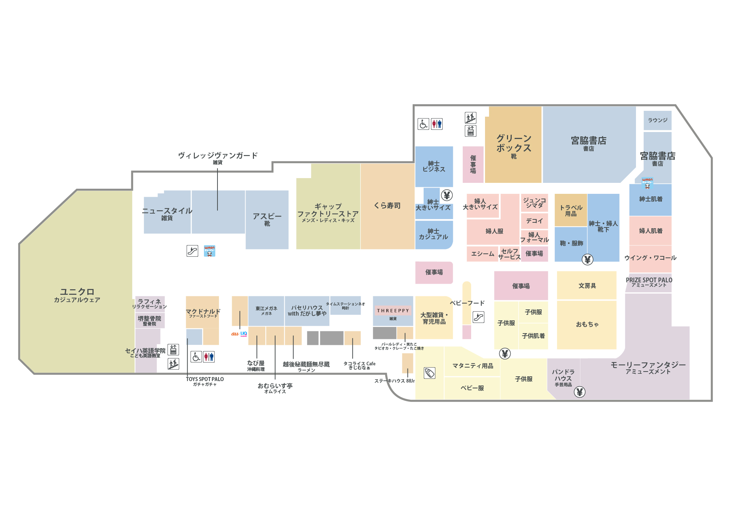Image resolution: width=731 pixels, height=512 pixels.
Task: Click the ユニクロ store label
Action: point(77,292)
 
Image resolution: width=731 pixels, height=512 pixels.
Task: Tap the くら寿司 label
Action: point(387,206)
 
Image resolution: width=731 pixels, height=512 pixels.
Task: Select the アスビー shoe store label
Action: point(267,217)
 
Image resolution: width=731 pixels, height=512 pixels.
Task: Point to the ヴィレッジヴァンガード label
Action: point(218,156)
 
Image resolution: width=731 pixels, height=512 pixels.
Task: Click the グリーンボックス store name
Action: point(514,143)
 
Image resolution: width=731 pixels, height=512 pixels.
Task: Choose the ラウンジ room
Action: point(658,120)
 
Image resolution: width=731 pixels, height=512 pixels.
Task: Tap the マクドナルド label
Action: point(203,312)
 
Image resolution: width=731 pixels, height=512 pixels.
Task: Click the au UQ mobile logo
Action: point(239,334)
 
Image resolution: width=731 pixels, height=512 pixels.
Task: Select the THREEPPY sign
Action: point(393,310)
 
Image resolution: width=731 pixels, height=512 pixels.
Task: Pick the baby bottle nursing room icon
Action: point(429,373)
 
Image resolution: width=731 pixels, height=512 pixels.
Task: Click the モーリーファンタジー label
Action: point(648,365)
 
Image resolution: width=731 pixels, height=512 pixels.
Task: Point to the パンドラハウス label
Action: point(563,376)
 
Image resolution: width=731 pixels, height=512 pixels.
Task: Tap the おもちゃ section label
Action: point(587,324)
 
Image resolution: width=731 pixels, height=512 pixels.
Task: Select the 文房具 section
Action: point(587,286)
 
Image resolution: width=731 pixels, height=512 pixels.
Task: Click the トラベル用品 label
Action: point(571,210)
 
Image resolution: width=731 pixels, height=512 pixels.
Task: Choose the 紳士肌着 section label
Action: point(651,199)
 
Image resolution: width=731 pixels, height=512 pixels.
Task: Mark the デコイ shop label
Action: point(534,221)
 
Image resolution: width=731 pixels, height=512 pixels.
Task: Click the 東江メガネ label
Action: point(266,309)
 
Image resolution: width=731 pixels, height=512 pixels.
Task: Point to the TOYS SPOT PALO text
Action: point(205,379)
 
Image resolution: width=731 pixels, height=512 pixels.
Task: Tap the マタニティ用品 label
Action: point(473,366)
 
